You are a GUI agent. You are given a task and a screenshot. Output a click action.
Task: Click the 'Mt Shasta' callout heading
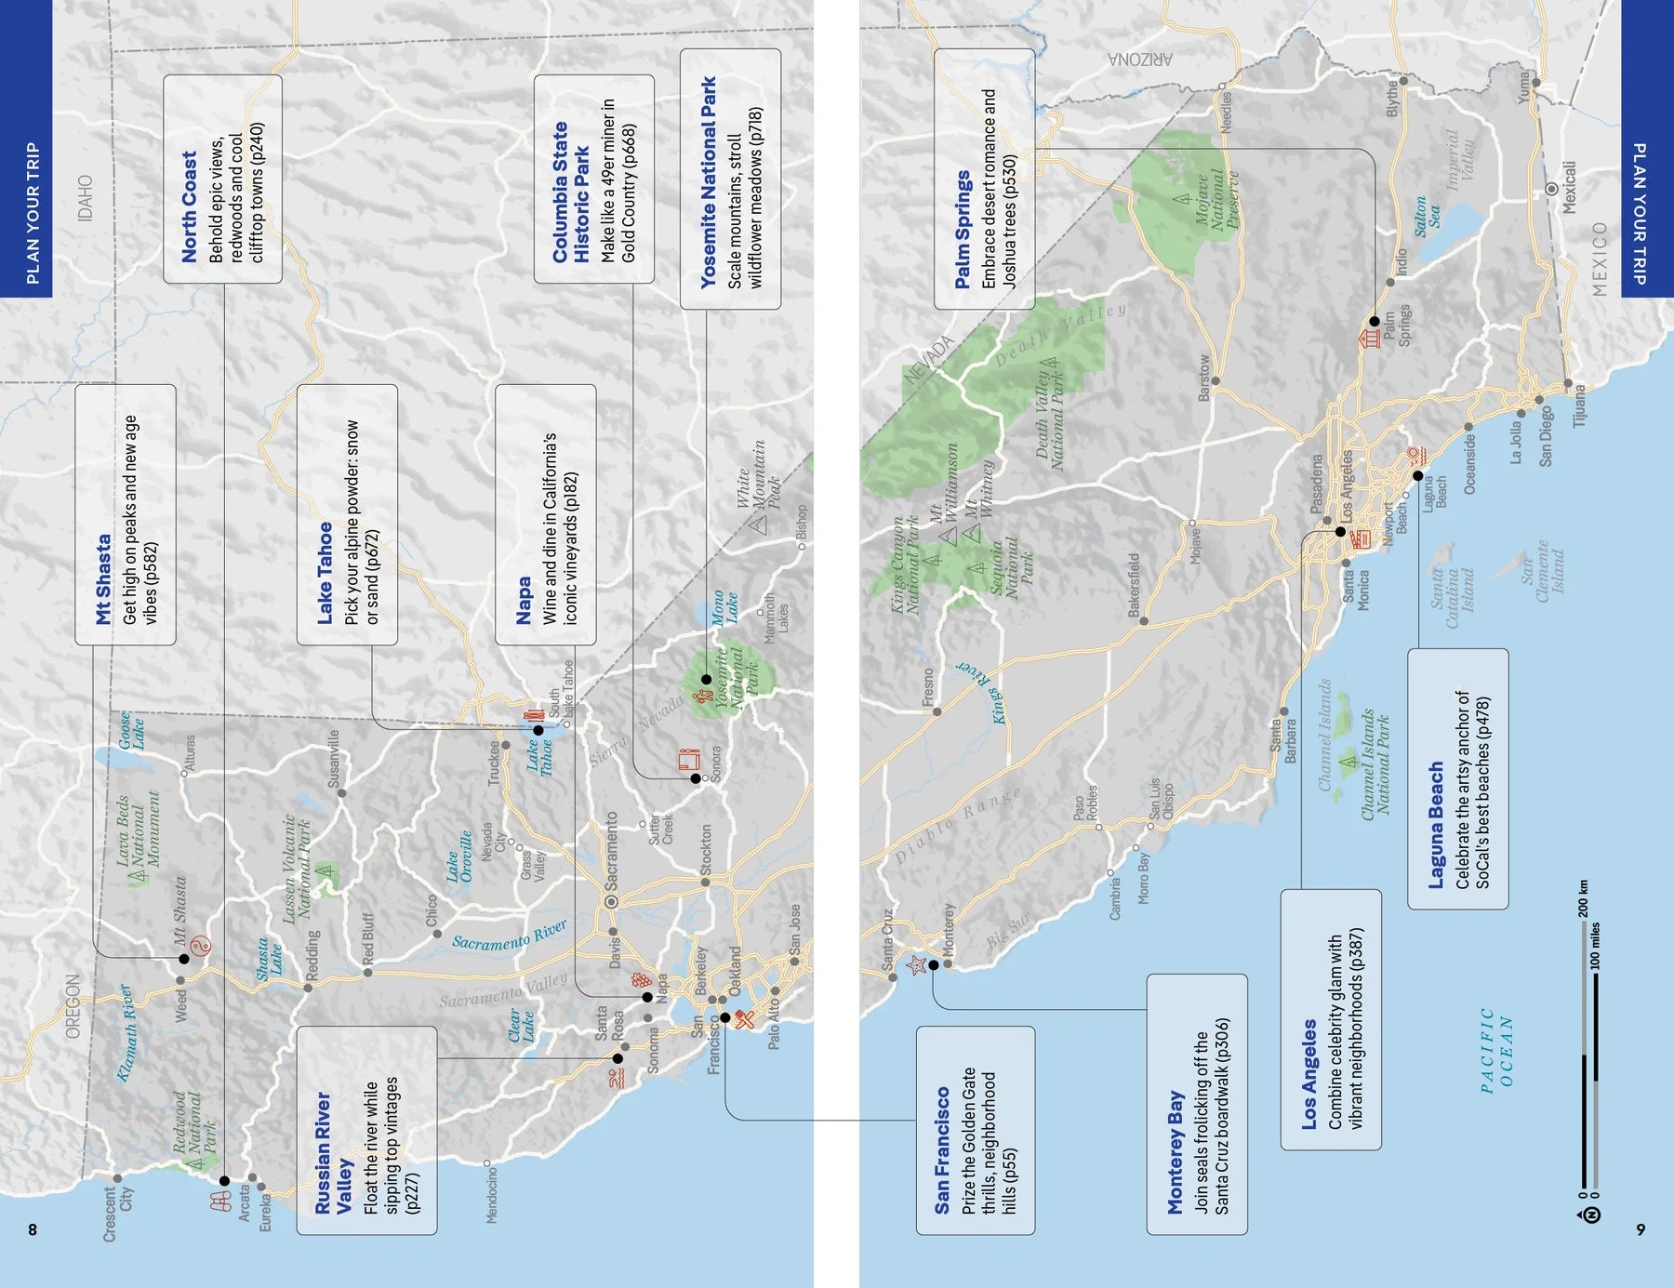(104, 578)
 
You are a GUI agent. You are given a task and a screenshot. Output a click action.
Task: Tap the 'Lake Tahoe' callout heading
(325, 573)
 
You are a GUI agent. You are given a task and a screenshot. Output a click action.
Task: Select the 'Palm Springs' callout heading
(963, 229)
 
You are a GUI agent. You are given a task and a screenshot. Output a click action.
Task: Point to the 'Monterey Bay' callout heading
(1176, 1153)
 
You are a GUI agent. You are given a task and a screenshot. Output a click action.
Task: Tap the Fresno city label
(927, 687)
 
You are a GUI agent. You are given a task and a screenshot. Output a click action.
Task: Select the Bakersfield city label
(1134, 585)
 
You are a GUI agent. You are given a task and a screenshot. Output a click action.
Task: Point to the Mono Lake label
(724, 606)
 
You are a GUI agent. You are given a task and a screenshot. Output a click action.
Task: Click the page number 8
(33, 1229)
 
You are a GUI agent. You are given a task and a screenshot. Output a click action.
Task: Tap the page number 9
(1641, 1229)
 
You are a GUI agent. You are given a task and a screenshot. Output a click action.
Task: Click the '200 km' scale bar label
(1584, 898)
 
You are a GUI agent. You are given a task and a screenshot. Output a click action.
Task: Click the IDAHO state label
(86, 198)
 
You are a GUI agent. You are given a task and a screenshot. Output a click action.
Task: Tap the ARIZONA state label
(1140, 60)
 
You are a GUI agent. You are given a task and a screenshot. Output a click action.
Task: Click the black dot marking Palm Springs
(1374, 321)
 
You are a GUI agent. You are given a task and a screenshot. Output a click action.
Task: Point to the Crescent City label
(118, 1214)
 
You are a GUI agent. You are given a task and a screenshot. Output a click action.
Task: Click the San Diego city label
(1545, 436)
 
